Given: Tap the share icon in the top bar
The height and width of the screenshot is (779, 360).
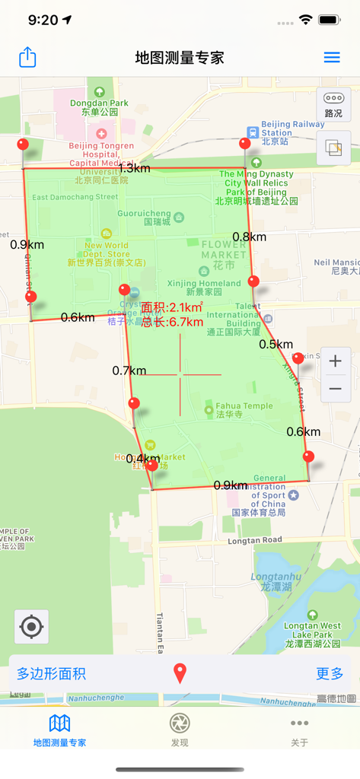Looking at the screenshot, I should point(27,57).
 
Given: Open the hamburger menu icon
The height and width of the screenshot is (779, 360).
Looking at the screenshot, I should point(332,57).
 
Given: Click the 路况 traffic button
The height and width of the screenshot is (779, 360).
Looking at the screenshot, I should point(333,103).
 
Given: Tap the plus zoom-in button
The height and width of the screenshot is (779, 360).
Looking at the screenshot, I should point(335,361).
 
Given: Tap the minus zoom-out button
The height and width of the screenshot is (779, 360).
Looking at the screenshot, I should point(335,389).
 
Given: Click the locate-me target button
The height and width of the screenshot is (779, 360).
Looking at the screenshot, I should point(32,627).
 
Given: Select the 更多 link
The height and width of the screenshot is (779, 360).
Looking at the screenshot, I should point(330,673).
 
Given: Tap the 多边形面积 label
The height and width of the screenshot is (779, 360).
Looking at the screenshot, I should point(52,673).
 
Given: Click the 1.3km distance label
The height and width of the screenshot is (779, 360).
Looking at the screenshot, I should point(134,167).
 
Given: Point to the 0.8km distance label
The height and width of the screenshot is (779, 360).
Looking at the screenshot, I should point(250,237).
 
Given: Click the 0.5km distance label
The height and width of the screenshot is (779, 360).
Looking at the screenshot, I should point(276,344).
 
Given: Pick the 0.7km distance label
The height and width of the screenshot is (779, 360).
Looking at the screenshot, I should point(129,370).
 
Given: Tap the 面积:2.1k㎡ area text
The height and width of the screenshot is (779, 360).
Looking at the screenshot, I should point(172,307).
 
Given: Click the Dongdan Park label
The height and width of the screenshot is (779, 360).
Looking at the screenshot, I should point(100,103).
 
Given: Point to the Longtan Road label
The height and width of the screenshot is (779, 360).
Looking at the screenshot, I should point(254,540).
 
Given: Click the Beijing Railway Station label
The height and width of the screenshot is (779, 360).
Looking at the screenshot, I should point(292,127).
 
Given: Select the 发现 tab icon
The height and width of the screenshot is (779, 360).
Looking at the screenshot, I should point(180,723).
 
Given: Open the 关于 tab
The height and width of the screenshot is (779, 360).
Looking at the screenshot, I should point(299,730).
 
